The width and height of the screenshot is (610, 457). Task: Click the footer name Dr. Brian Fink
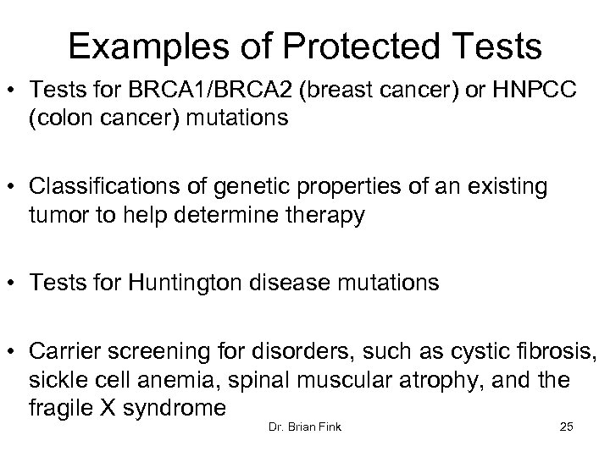[304, 427]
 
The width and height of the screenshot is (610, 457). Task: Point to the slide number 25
[567, 427]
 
